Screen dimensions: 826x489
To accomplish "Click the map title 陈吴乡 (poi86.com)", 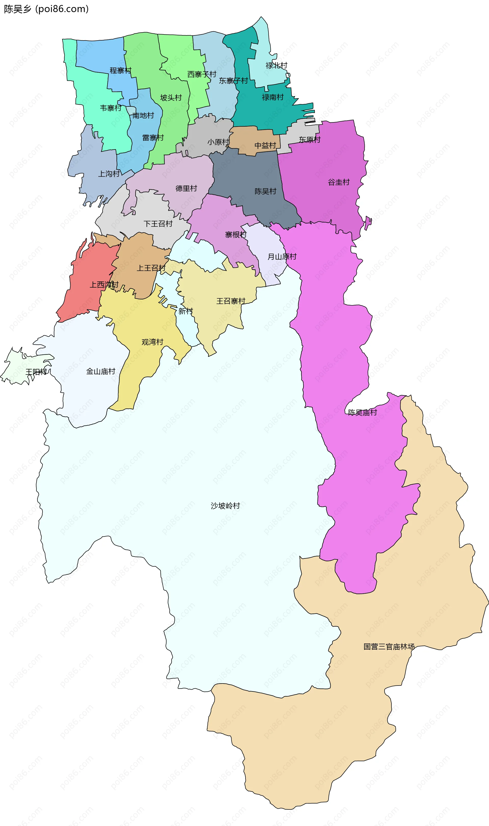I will pyautogui.click(x=46, y=9).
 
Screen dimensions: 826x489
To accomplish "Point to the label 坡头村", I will pyautogui.click(x=171, y=98).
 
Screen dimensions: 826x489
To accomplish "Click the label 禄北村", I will pyautogui.click(x=276, y=66).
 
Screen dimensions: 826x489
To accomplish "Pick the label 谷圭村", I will pyautogui.click(x=338, y=182).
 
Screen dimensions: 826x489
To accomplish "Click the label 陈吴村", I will pyautogui.click(x=265, y=191).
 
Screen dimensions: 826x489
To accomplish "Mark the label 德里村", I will pyautogui.click(x=186, y=188).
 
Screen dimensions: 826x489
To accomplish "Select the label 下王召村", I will pyautogui.click(x=158, y=224).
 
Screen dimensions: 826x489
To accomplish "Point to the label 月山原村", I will pyautogui.click(x=282, y=256).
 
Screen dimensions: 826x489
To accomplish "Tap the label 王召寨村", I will pyautogui.click(x=231, y=301).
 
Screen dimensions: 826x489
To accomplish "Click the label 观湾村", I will pyautogui.click(x=152, y=342).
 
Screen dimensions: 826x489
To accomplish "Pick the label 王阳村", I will pyautogui.click(x=36, y=372).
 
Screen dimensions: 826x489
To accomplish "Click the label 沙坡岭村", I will pyautogui.click(x=225, y=506).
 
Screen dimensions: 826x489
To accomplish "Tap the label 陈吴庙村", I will pyautogui.click(x=362, y=412).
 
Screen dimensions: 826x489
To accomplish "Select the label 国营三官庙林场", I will pyautogui.click(x=389, y=647).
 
